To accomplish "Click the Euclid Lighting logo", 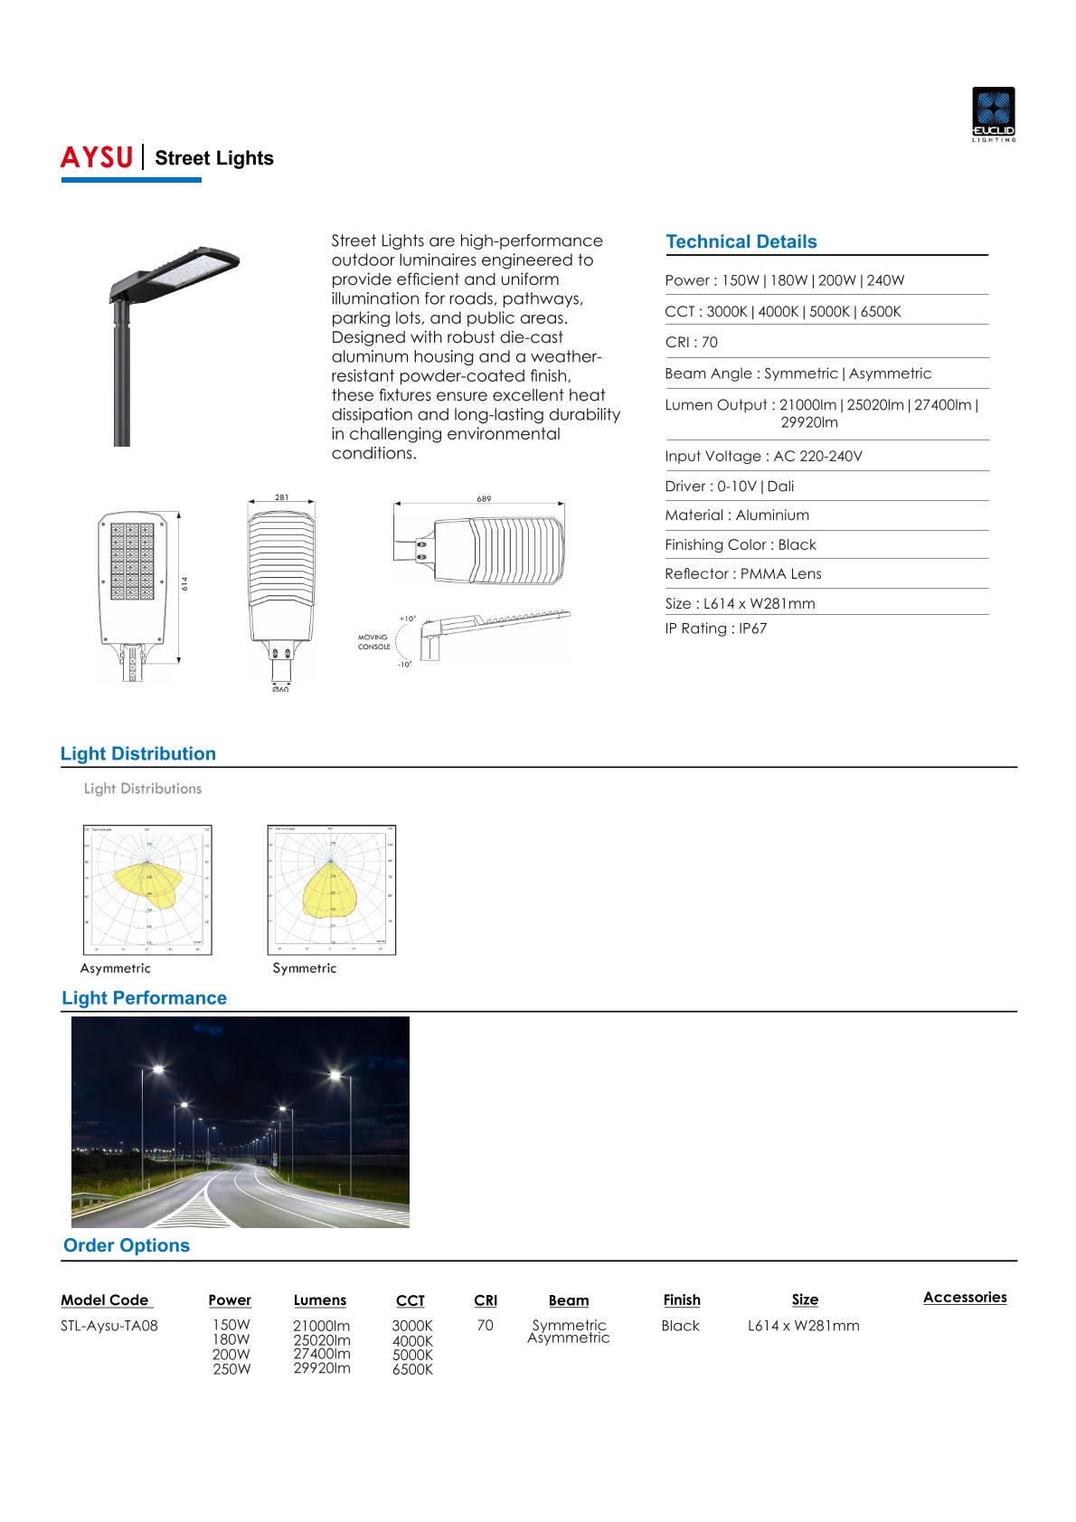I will (x=993, y=114).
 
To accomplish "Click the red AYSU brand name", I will (x=97, y=157).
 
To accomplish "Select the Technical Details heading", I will (x=741, y=241).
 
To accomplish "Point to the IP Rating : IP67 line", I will (x=715, y=629).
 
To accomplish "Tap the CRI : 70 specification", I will (x=691, y=342).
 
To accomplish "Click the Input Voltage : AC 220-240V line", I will (x=763, y=456).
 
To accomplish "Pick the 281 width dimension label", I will (x=282, y=497).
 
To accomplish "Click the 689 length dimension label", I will (x=484, y=499).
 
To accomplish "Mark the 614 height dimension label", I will (x=184, y=584).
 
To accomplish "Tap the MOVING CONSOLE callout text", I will (x=373, y=642).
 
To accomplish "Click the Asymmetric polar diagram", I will (x=147, y=890).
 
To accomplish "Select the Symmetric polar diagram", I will (x=332, y=890).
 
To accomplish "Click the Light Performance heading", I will (x=144, y=998).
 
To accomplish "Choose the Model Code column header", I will (x=105, y=1300).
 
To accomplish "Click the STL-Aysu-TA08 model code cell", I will (x=109, y=1326).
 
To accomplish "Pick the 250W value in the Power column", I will (x=231, y=1369).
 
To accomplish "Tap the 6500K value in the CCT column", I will (x=412, y=1369).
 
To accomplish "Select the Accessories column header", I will (x=965, y=1297).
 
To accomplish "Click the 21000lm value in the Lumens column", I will (x=321, y=1326).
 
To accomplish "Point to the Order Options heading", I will (x=127, y=1245).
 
